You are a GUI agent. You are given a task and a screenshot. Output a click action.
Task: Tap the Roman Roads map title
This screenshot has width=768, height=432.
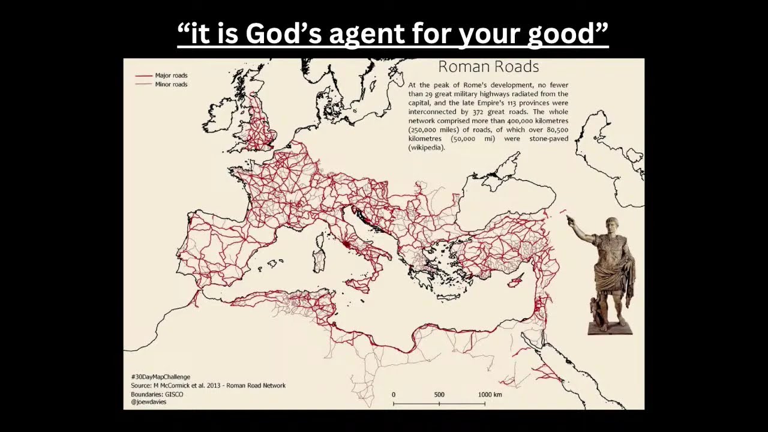(x=488, y=67)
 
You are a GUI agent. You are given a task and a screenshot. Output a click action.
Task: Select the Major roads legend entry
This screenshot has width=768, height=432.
(x=171, y=76)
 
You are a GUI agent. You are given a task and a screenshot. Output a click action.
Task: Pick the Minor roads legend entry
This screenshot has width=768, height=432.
(x=171, y=85)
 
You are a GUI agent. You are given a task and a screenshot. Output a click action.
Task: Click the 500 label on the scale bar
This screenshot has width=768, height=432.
(x=439, y=395)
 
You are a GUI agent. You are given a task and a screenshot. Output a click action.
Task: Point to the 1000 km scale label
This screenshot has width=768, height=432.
(x=490, y=395)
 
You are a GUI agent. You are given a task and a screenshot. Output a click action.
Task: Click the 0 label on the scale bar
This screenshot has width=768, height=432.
(x=394, y=395)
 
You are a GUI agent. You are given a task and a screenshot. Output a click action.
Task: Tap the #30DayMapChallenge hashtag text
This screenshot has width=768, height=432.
(x=160, y=377)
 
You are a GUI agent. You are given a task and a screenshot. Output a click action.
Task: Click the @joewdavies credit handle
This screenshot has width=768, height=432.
(x=148, y=402)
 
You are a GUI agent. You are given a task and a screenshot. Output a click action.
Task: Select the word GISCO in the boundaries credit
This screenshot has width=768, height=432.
(x=173, y=394)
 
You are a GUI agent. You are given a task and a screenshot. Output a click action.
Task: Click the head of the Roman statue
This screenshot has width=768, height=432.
(x=612, y=226)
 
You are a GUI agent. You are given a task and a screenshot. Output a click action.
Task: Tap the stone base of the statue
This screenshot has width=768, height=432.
(x=610, y=328)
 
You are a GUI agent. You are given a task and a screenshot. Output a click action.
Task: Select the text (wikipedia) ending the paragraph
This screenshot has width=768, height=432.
(x=427, y=148)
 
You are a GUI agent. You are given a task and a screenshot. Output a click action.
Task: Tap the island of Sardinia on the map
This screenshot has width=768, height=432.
(x=319, y=259)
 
